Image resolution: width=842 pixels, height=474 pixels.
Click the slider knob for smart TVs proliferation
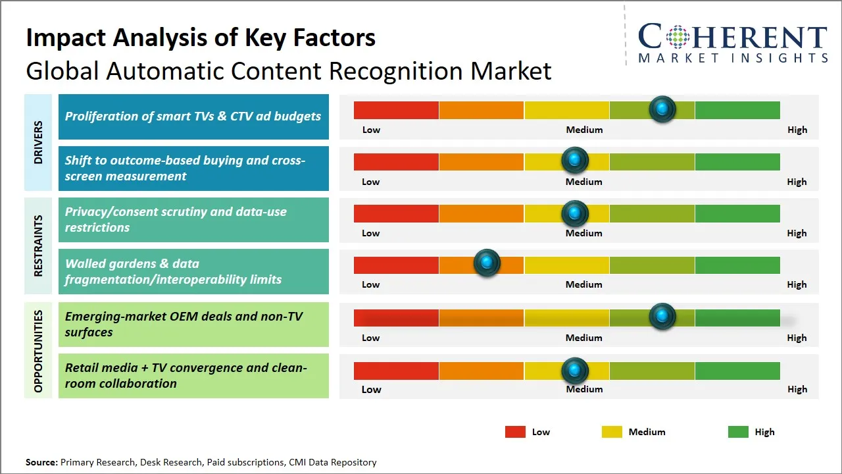(662, 109)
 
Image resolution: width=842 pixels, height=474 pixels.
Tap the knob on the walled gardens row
(487, 263)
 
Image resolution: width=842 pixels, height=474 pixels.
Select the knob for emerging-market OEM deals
(662, 317)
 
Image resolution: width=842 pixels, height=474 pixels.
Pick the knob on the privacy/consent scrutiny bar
(575, 213)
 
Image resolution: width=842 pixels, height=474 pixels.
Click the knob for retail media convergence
(575, 371)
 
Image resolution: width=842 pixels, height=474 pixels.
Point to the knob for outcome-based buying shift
(575, 160)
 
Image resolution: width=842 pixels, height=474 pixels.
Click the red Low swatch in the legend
(515, 432)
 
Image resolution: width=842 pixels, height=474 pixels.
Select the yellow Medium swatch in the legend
(612, 432)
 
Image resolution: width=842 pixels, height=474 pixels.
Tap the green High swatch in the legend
(738, 432)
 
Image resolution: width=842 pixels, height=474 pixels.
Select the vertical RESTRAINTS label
(38, 246)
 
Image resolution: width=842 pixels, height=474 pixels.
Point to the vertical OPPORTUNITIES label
(38, 351)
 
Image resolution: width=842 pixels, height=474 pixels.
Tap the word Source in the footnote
(41, 462)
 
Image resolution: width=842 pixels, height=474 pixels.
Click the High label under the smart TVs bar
(797, 130)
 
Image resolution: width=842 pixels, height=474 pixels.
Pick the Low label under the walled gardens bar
(371, 284)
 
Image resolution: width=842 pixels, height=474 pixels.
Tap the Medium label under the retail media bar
(584, 389)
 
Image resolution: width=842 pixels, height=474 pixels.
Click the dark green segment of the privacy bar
(737, 213)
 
